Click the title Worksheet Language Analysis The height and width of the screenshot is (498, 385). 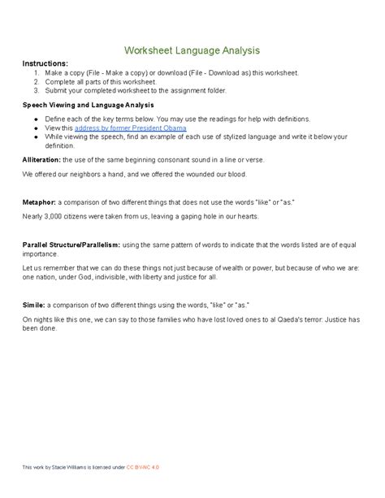point(192,50)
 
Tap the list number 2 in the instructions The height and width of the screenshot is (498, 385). point(37,81)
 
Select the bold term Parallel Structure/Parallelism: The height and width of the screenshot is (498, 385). point(71,244)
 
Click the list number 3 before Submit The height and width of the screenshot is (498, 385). point(37,90)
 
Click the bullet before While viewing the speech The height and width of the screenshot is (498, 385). point(37,136)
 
